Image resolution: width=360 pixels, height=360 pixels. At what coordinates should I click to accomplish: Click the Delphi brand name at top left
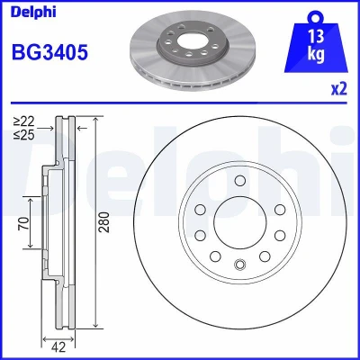(33, 13)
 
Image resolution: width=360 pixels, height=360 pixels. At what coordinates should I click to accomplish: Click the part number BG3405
(49, 52)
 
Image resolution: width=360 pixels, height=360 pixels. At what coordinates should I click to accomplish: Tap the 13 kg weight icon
(316, 43)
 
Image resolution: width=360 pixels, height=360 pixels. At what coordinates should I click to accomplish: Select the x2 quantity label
(339, 89)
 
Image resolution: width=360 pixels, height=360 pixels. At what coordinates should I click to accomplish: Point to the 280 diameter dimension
(104, 222)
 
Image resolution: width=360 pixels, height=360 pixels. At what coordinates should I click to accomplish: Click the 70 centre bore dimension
(24, 223)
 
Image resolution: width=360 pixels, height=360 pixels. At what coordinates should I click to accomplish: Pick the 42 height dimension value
(58, 347)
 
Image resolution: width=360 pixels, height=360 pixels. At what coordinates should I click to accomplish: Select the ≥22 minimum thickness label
(24, 121)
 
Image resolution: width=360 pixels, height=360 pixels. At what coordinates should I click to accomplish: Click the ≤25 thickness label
(24, 135)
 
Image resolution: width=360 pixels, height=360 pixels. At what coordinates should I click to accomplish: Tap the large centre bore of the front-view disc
(240, 222)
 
